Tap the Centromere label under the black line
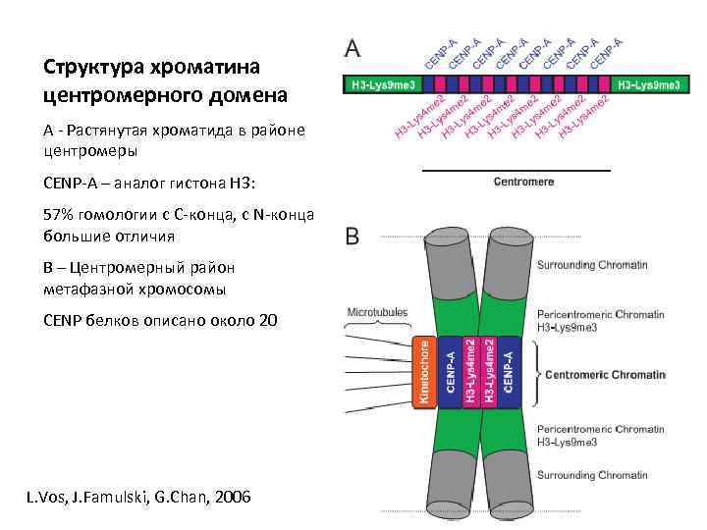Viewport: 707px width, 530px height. pos(523,182)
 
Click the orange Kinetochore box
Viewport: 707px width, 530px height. pos(423,372)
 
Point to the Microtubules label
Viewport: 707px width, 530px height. pos(377,312)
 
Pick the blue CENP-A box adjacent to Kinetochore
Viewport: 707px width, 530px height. pos(450,372)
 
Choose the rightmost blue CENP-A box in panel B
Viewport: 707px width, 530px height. pos(508,372)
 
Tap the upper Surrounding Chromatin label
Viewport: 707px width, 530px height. pos(592,265)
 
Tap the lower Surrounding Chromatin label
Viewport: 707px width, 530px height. pos(592,475)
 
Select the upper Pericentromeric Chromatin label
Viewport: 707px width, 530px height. pos(600,314)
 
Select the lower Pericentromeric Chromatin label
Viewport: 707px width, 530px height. pos(600,429)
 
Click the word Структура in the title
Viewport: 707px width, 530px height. pos(91,68)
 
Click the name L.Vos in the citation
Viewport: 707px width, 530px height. pos(45,498)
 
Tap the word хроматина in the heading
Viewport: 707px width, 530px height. pos(203,68)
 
